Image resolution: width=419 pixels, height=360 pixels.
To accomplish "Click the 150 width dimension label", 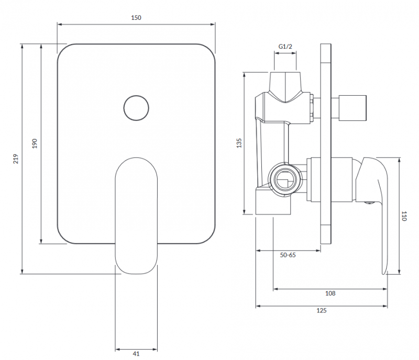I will (136, 18).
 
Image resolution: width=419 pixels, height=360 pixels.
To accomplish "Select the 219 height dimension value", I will (16, 159).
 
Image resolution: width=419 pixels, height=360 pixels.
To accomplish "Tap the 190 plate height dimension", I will (35, 143).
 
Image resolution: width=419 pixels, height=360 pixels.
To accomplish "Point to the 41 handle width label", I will (136, 354).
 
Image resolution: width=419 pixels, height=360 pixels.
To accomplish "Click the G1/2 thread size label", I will (285, 47).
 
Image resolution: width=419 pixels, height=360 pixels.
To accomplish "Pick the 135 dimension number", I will (239, 143).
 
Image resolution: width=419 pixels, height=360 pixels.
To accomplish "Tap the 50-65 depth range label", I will (288, 255).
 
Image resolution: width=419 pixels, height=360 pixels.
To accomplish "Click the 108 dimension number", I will (330, 294).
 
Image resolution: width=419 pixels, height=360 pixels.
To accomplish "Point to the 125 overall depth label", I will (322, 310).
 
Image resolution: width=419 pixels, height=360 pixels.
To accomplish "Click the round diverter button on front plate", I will (136, 108).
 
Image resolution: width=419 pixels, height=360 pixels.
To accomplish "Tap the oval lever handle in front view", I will (136, 215).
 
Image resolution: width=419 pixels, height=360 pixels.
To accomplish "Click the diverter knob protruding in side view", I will (354, 107).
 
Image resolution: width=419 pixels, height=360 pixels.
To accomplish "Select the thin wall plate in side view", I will (325, 143).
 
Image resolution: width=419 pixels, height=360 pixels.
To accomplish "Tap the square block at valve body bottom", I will (272, 203).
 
